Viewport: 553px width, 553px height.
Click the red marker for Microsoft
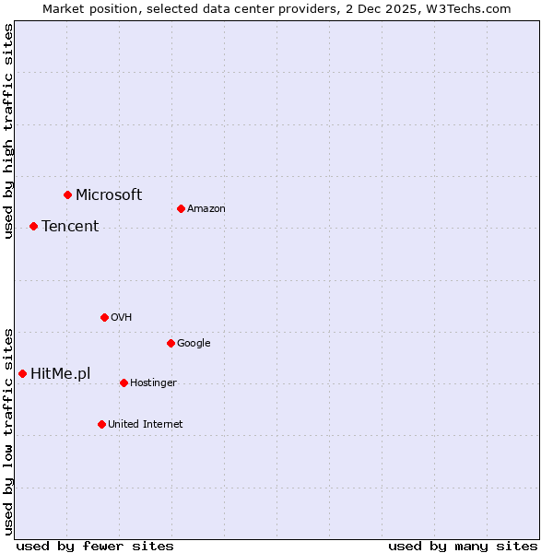click(67, 194)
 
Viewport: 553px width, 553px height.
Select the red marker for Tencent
click(33, 226)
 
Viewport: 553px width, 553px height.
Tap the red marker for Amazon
click(181, 208)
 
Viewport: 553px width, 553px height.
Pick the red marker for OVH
click(104, 317)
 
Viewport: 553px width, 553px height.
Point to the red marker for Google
click(171, 343)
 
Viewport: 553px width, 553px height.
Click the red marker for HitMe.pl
click(22, 373)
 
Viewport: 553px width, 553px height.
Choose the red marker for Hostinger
click(124, 382)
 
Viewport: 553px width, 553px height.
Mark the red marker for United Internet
click(101, 424)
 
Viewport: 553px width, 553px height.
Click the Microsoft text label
click(109, 194)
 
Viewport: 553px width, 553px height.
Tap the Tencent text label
click(70, 226)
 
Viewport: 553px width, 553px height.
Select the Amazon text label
click(206, 208)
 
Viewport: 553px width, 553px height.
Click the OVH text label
click(122, 317)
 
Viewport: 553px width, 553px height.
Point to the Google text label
click(194, 343)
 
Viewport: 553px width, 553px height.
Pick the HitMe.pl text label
click(61, 373)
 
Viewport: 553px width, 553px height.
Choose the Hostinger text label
click(153, 382)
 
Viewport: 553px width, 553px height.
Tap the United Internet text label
click(146, 424)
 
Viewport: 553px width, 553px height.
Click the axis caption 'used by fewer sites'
click(95, 546)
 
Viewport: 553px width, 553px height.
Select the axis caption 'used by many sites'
click(463, 546)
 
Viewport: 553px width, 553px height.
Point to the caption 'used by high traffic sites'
click(8, 131)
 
